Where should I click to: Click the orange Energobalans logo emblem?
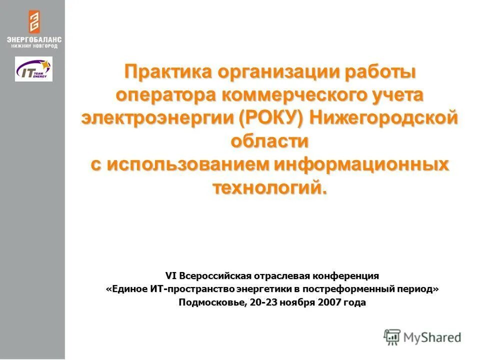tap(33, 22)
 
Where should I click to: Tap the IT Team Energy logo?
tap(33, 69)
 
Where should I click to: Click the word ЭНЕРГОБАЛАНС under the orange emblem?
tap(33, 39)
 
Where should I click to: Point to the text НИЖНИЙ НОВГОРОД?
tap(33, 46)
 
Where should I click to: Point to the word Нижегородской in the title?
tap(384, 118)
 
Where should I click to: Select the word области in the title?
tap(269, 141)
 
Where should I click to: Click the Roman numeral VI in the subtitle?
tap(171, 275)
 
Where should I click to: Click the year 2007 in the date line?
tap(328, 302)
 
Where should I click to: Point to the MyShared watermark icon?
tap(392, 337)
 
